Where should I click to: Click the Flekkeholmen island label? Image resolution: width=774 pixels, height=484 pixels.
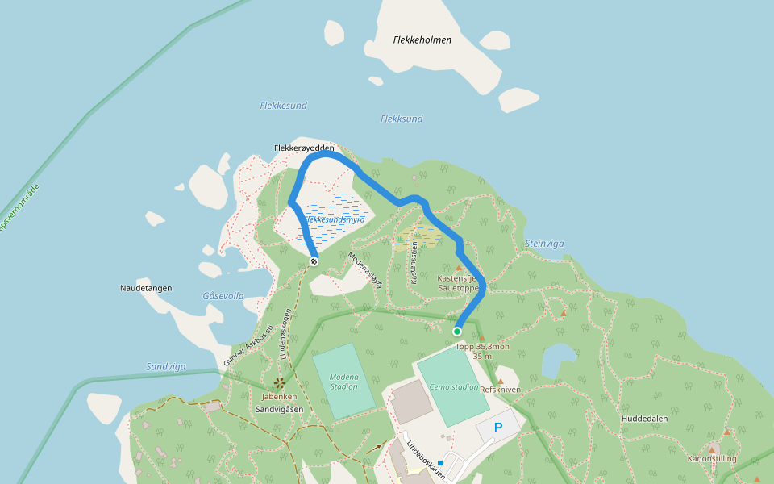(x=422, y=40)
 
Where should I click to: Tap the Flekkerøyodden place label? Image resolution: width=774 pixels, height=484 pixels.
(x=303, y=148)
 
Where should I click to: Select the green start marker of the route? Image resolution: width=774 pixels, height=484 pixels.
(x=457, y=332)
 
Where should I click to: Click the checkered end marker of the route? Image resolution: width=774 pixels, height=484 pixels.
(x=314, y=261)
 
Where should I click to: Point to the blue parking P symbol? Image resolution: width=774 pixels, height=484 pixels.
(x=497, y=428)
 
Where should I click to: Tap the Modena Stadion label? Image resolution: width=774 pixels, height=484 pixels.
(x=343, y=382)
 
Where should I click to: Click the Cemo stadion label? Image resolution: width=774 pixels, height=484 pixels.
(x=454, y=387)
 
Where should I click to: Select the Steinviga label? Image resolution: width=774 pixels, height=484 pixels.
(x=544, y=244)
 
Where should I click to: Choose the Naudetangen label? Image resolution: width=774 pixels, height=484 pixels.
(x=146, y=288)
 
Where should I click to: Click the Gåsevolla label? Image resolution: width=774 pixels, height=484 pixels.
(x=223, y=296)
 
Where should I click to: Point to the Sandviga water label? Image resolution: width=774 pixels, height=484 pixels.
(x=166, y=366)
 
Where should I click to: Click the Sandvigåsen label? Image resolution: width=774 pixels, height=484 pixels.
(x=279, y=409)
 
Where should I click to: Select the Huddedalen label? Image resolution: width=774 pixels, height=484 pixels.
(x=644, y=419)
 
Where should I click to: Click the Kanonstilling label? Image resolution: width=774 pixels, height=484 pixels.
(x=712, y=459)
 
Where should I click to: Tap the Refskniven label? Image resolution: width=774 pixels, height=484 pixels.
(x=500, y=390)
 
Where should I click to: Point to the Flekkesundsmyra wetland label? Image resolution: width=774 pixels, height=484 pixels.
(x=335, y=219)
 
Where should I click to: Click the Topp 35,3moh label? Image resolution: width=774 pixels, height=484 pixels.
(x=482, y=347)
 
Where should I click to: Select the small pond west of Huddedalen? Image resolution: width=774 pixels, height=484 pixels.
(x=559, y=359)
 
